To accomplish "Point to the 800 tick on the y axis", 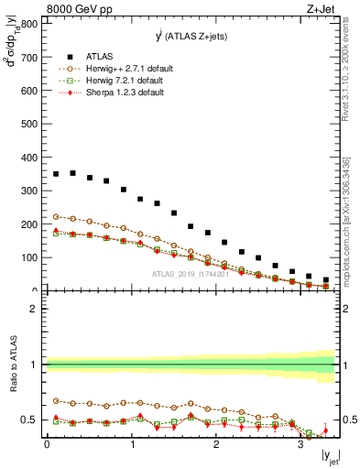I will (x=30, y=24).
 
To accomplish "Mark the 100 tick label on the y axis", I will (x=30, y=257).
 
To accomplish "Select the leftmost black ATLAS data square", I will (x=55, y=174).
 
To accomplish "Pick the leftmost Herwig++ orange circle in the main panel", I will (x=55, y=216).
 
